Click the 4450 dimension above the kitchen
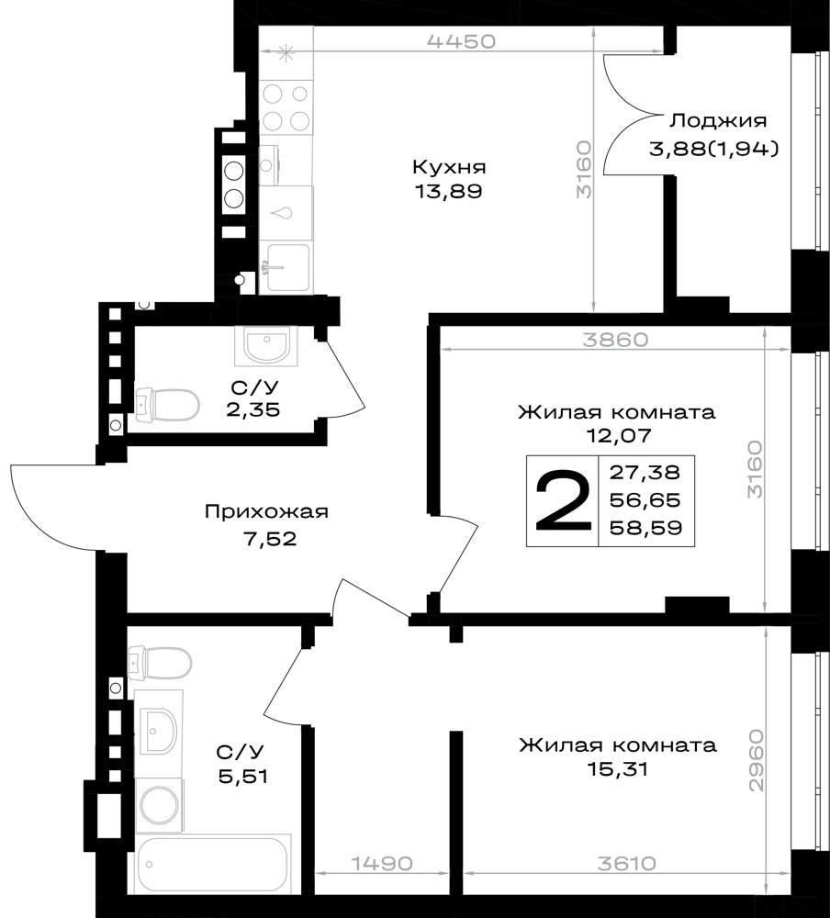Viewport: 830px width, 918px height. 462,41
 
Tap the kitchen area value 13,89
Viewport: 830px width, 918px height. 449,192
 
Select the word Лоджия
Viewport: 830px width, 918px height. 718,121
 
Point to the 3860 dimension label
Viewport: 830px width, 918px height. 615,340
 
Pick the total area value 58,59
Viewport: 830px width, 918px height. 646,528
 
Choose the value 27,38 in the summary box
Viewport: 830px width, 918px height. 645,472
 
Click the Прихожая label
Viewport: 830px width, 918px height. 266,512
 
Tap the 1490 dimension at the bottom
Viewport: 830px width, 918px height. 382,864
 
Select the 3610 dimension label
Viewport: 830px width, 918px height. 627,864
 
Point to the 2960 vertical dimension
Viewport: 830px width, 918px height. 757,760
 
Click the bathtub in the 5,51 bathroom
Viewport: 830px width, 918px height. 213,865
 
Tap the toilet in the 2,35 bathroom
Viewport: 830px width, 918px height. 167,405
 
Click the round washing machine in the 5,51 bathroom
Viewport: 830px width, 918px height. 159,806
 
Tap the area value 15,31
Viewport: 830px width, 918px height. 618,768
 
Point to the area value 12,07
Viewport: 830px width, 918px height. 617,435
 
